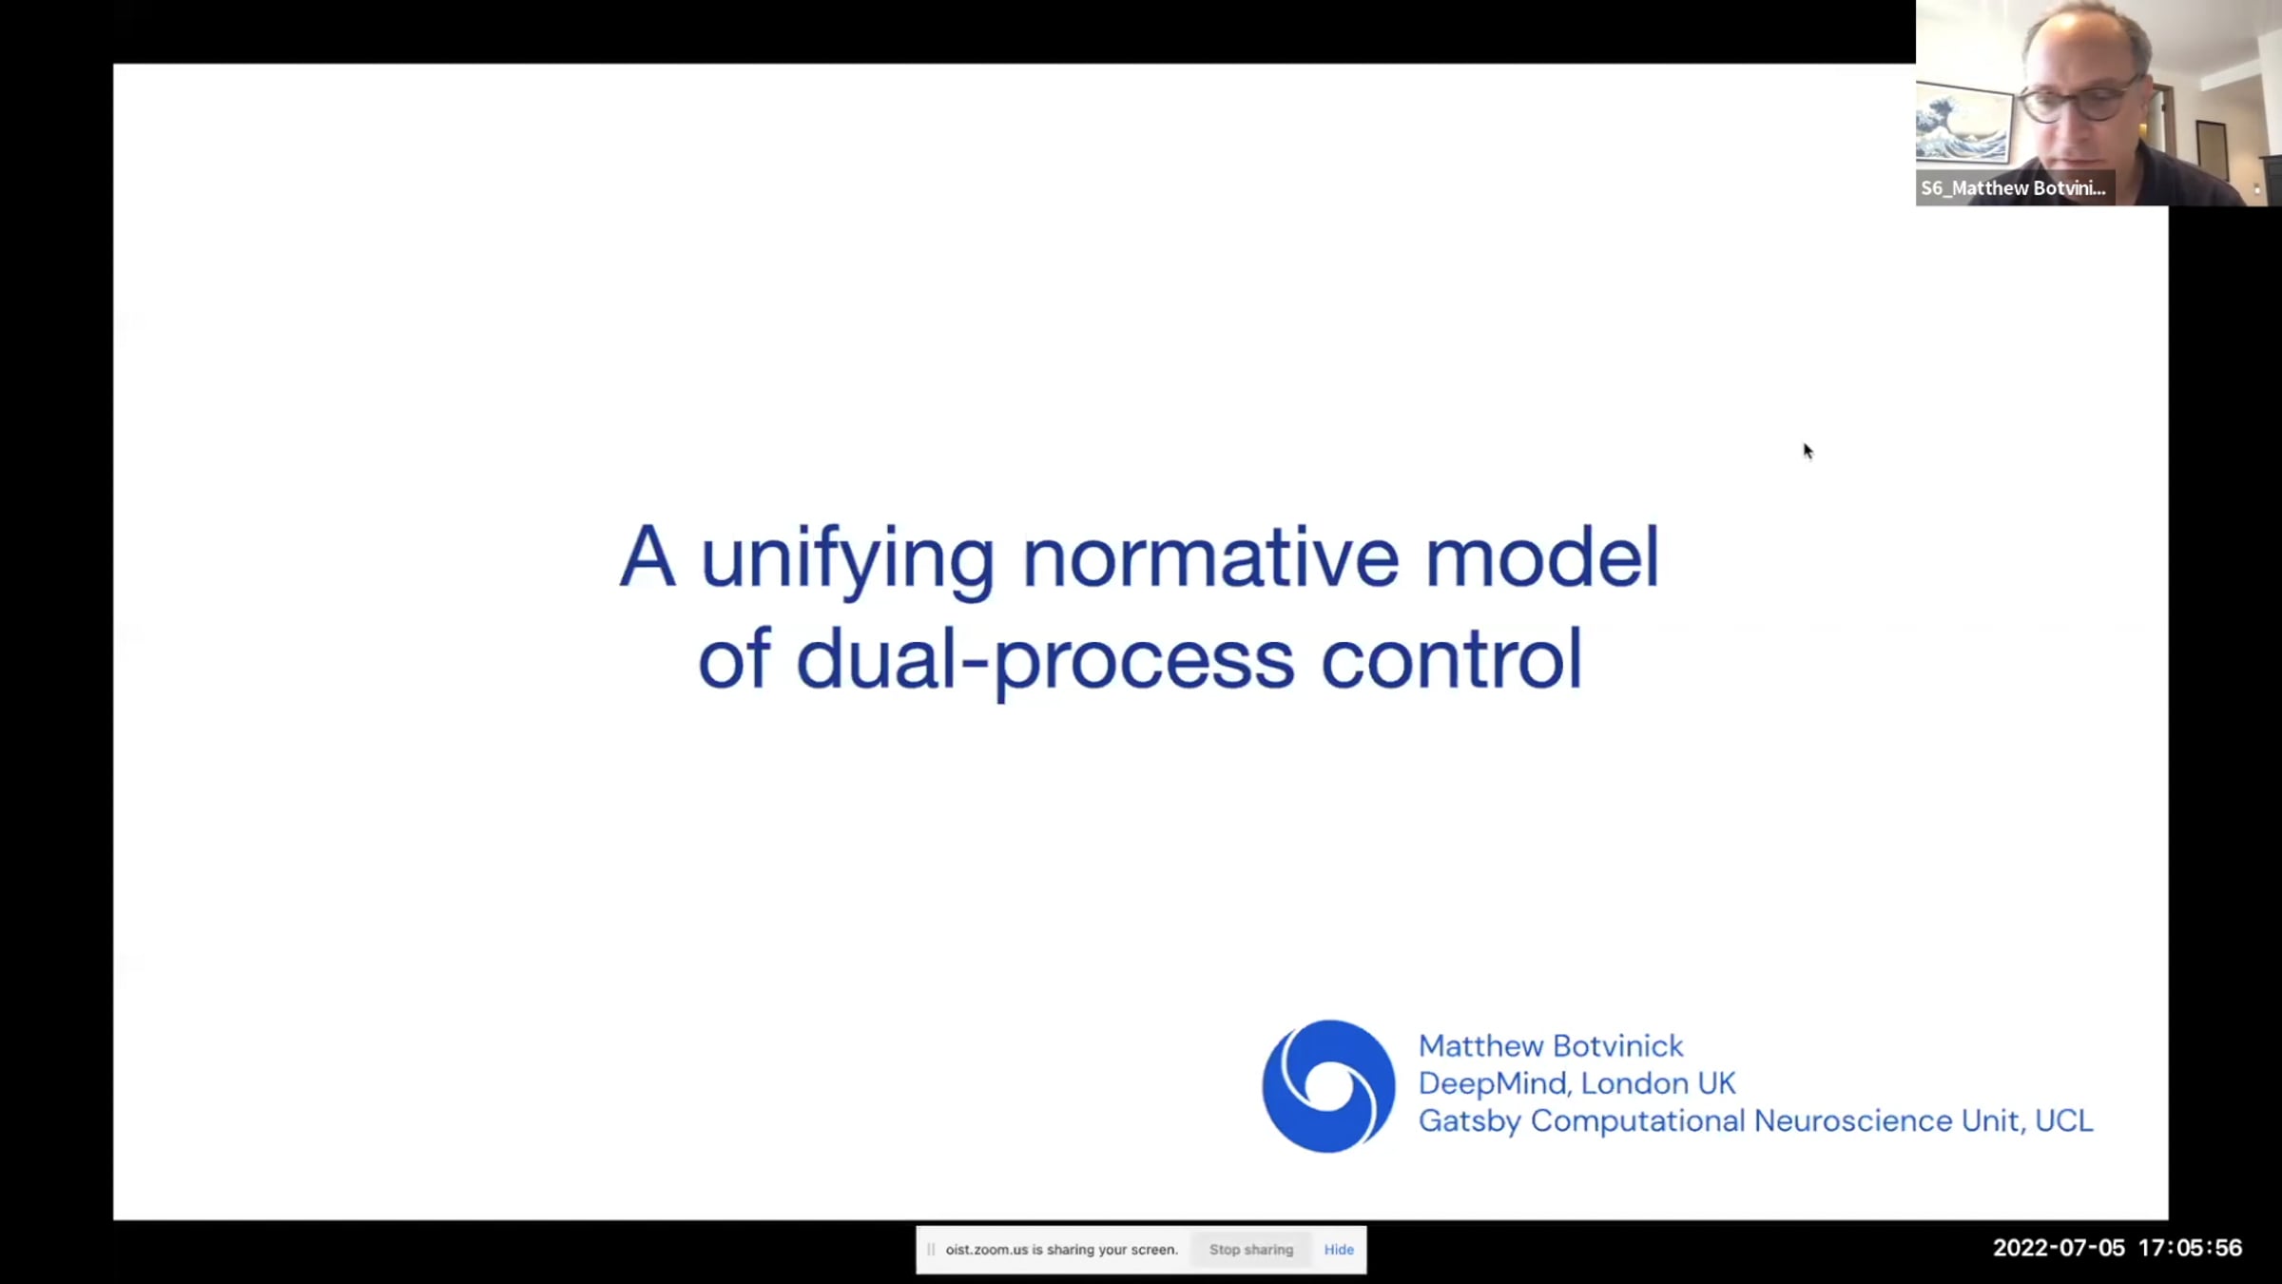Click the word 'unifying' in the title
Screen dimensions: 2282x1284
pos(847,561)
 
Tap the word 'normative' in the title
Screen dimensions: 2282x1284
pos(1209,557)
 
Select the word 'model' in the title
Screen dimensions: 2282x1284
pos(1541,555)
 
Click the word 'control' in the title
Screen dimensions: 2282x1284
pos(1451,658)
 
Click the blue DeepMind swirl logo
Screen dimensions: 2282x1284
pos(1328,1086)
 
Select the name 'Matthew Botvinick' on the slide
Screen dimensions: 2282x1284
pos(1551,1046)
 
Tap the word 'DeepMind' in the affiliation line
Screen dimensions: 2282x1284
pos(1494,1083)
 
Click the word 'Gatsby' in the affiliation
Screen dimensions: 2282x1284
pos(1470,1121)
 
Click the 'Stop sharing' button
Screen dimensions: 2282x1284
pos(1251,1250)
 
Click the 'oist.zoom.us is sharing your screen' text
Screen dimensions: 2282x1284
pos(1061,1250)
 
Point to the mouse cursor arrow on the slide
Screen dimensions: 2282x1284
pos(1808,451)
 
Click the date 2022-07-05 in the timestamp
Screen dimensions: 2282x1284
pos(2059,1248)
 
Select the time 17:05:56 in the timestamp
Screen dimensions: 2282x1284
pos(2191,1248)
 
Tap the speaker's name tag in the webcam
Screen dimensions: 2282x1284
pos(2014,188)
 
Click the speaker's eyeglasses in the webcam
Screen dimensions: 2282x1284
pos(2079,101)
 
